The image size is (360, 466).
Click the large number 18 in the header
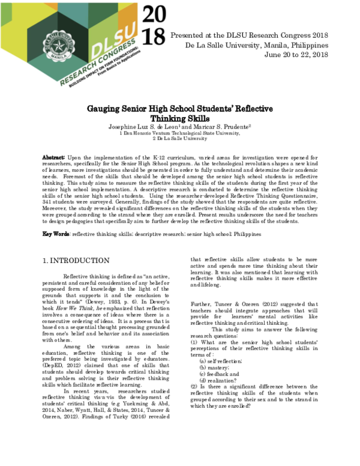pos(154,37)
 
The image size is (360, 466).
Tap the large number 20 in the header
pos(154,13)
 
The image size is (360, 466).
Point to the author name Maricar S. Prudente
pos(225,127)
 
